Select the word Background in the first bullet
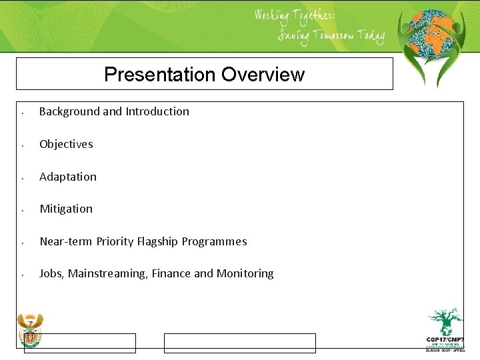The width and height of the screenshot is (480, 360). coord(69,111)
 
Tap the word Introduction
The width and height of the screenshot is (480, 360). coord(157,111)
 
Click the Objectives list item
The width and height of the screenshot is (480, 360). coord(66,144)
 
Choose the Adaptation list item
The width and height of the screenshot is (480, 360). coord(68,177)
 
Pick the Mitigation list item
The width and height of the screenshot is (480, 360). coord(66,209)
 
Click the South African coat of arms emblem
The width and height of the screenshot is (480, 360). coord(30,329)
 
